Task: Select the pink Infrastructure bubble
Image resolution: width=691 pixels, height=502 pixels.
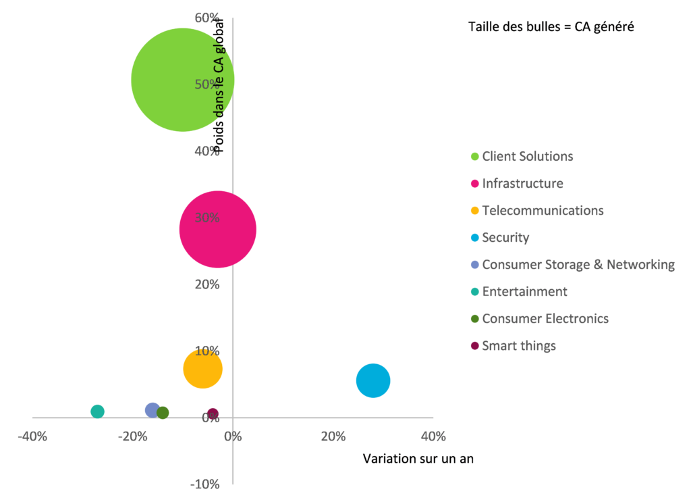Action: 218,230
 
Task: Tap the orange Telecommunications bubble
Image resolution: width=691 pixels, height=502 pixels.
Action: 202,369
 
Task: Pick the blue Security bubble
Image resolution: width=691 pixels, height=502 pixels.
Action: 373,380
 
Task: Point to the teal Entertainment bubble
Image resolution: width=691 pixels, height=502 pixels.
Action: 97,411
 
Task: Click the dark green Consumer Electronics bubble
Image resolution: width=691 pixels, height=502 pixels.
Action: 163,413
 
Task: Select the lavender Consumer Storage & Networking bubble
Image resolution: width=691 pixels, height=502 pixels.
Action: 153,410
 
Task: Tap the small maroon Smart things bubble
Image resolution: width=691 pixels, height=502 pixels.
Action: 213,413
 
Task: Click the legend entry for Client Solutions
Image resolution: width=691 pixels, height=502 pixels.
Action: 527,157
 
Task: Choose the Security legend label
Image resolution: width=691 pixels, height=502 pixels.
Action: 505,238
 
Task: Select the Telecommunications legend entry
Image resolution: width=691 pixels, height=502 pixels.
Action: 543,211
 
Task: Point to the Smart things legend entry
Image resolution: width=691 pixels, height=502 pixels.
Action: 519,346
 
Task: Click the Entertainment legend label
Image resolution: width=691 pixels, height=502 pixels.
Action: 524,292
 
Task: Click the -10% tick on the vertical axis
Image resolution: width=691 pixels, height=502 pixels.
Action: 206,484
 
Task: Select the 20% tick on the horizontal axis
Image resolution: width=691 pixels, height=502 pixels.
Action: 332,436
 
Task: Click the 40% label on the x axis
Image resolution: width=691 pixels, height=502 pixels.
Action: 433,436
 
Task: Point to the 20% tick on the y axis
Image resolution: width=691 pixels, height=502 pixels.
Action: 208,284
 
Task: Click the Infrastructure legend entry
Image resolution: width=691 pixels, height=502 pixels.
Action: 522,184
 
